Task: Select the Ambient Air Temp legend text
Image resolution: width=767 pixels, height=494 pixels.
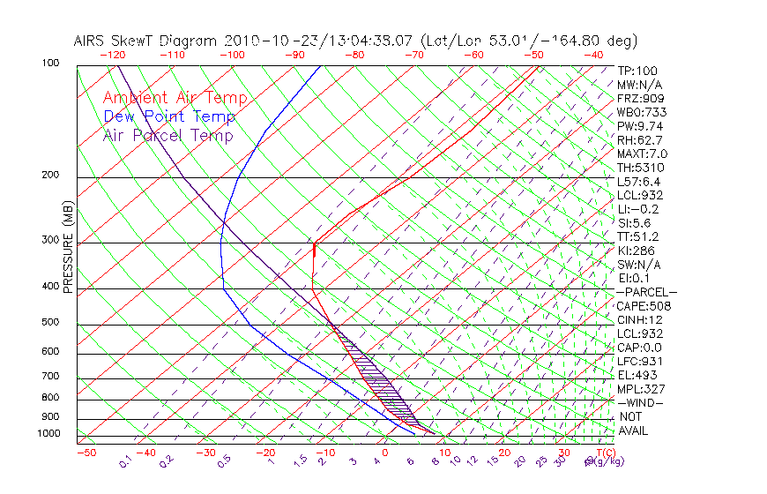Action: [175, 99]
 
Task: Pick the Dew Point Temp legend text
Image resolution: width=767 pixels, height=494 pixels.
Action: [169, 117]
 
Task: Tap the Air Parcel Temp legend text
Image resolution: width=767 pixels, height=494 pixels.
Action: [168, 136]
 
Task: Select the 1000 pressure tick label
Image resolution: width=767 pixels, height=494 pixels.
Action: [50, 434]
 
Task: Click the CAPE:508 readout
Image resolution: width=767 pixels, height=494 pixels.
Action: [644, 306]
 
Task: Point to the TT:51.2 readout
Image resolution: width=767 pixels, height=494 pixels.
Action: [638, 236]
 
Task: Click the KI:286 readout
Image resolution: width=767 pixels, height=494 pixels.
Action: [637, 251]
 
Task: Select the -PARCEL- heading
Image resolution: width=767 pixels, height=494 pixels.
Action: [647, 292]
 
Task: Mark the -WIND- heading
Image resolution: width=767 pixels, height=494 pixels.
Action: [641, 402]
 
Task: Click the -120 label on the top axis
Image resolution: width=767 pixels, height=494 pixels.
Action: [112, 55]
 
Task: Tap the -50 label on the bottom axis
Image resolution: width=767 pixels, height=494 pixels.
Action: [86, 453]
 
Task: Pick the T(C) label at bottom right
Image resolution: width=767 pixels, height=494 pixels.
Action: [605, 453]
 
